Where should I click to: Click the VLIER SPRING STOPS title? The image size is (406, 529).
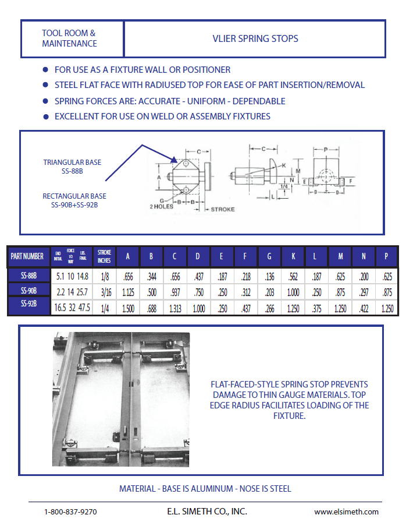click(255, 39)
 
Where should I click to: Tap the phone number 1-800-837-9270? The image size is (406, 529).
click(70, 512)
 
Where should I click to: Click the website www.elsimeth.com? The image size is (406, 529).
click(346, 512)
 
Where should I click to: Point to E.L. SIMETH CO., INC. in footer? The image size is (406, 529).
click(206, 512)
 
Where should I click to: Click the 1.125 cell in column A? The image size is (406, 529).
click(128, 292)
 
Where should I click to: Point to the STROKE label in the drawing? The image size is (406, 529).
click(223, 209)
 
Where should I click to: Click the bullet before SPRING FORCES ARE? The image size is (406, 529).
click(45, 101)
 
